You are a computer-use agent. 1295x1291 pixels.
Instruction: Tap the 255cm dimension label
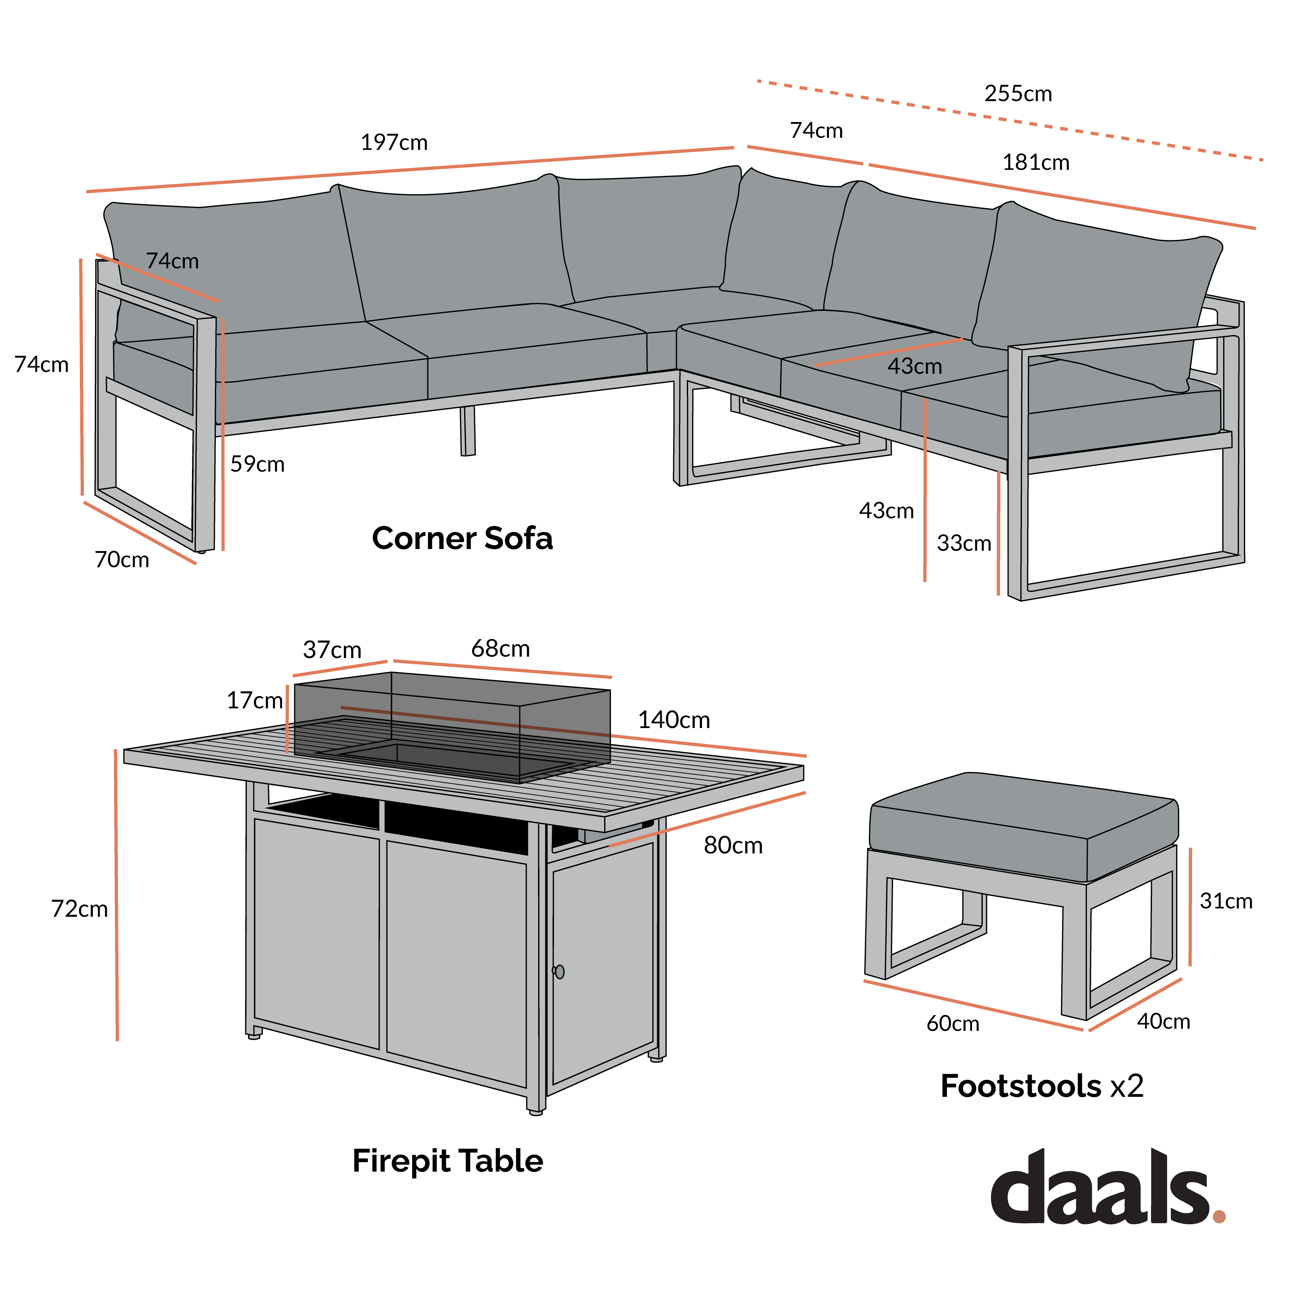point(1018,94)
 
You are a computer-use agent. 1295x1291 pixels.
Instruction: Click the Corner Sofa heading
point(462,538)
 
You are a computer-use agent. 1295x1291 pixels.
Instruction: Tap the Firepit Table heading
point(447,1161)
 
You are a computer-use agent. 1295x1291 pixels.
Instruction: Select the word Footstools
point(1020,1086)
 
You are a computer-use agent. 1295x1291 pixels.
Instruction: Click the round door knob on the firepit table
point(559,972)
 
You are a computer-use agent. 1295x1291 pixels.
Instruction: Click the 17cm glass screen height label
point(254,700)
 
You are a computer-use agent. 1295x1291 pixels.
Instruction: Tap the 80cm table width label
point(733,846)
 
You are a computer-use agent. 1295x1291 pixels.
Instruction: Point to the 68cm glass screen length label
point(500,649)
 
